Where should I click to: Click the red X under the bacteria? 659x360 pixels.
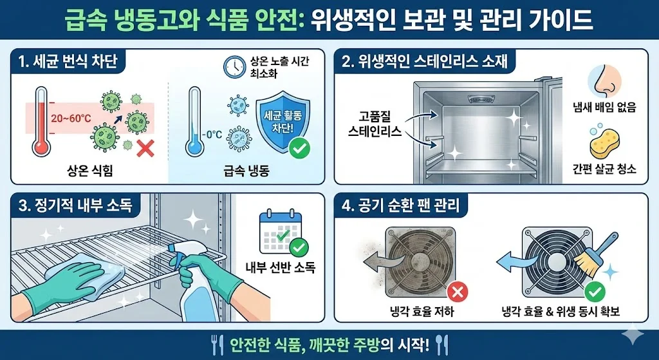point(146,150)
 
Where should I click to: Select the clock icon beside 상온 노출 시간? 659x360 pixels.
point(233,66)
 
